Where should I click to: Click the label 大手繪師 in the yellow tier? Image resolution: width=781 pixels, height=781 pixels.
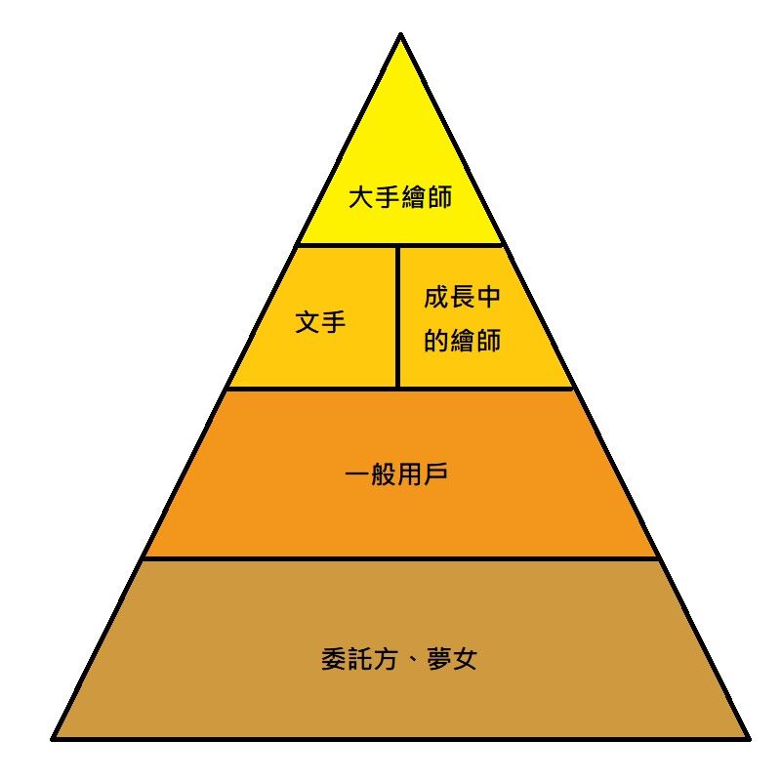click(400, 197)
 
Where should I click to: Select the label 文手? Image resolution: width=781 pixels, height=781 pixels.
click(320, 321)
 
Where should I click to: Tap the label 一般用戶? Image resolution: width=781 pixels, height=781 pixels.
click(396, 473)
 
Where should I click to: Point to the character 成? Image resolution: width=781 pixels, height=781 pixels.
click(436, 297)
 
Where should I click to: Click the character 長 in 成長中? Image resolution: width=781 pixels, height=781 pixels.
click(462, 297)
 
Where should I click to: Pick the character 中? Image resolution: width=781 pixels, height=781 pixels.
click(489, 297)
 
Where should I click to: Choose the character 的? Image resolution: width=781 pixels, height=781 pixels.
click(436, 340)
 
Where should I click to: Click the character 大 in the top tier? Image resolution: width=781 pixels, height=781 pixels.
click(361, 197)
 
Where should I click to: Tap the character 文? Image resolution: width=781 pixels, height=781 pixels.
click(308, 321)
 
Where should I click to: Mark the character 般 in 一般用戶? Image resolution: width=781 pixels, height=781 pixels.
click(384, 473)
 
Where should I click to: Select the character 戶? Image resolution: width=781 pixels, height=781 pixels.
click(435, 473)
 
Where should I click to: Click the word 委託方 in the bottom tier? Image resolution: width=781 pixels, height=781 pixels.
click(359, 659)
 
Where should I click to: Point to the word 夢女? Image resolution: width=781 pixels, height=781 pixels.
click(452, 659)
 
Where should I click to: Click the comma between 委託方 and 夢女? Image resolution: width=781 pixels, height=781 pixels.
click(413, 663)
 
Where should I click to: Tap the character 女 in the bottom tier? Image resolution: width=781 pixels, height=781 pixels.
click(465, 659)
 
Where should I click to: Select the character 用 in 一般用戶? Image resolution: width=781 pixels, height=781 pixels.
click(409, 473)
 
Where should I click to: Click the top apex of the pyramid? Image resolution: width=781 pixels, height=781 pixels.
click(401, 34)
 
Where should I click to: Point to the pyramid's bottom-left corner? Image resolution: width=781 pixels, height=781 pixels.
click(52, 739)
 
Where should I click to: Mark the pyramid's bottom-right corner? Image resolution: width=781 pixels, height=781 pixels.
click(750, 739)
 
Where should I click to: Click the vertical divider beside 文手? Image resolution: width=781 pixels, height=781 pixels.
click(398, 316)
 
